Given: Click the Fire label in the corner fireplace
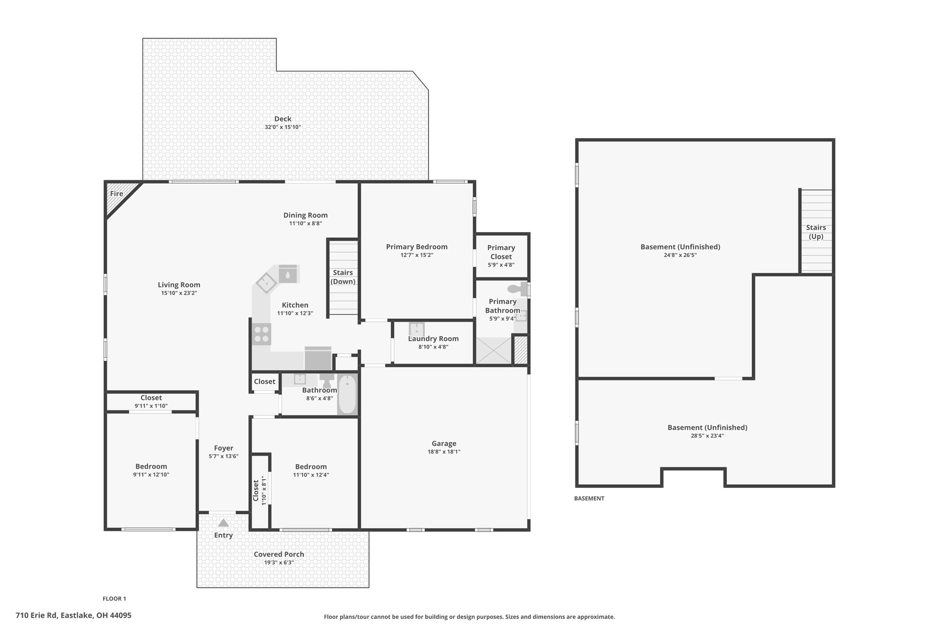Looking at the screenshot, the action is [116, 194].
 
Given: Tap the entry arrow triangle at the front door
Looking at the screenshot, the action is [223, 522].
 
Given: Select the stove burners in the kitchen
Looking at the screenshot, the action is [261, 334].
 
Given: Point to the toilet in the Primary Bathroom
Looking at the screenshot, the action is [517, 289].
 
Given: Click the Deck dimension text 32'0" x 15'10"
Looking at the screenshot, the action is [282, 127].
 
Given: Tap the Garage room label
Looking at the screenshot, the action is [444, 443].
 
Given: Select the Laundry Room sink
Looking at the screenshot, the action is [417, 330].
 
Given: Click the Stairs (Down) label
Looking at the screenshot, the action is [343, 277].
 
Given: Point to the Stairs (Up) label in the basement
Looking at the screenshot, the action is [816, 232].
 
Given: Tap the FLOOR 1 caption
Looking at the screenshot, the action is [114, 598].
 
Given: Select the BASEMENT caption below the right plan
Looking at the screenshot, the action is [589, 499].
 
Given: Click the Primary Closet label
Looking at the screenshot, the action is [501, 252].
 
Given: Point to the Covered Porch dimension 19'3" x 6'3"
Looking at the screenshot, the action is [279, 562].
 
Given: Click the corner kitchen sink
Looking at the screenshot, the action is [266, 283].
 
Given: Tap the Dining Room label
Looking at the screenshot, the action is [305, 215].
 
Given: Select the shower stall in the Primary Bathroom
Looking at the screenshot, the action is [494, 351].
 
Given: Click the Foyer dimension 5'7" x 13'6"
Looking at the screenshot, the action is [224, 456].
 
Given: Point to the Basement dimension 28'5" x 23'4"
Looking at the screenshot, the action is [707, 436].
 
